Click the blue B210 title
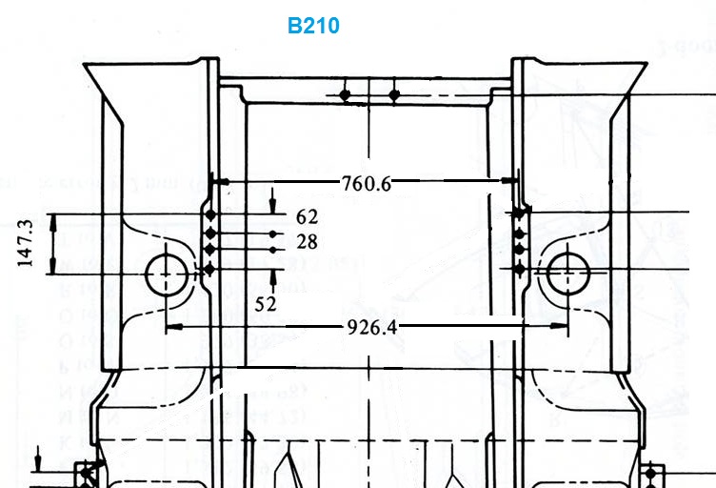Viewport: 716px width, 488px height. [x=313, y=26]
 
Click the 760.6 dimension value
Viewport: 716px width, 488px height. [x=367, y=184]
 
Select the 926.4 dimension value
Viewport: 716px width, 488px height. [x=371, y=327]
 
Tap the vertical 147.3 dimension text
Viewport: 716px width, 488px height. [x=25, y=243]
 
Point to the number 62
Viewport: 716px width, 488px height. [x=307, y=216]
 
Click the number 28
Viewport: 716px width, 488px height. [x=307, y=242]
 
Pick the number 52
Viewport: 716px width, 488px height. [x=266, y=304]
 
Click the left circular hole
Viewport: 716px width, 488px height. [x=167, y=274]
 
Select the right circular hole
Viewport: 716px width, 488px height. [x=568, y=273]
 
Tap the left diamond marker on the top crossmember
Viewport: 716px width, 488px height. [x=345, y=95]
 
